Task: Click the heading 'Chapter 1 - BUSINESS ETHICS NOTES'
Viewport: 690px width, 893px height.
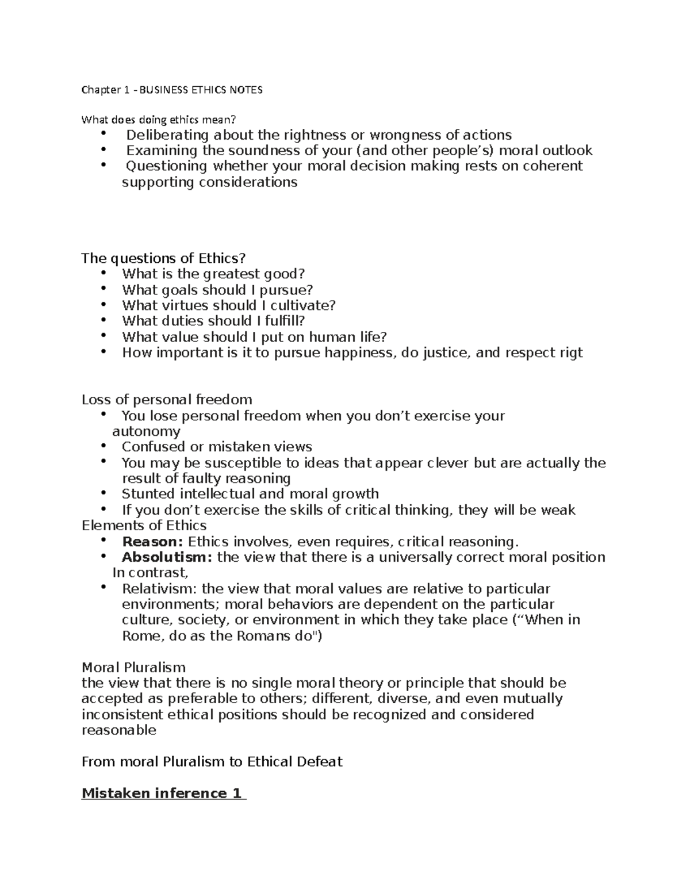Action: tap(172, 90)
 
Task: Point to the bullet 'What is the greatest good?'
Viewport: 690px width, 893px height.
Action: tap(213, 274)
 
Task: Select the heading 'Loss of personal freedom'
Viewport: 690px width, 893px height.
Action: tap(167, 400)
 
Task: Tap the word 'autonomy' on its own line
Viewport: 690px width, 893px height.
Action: tap(146, 431)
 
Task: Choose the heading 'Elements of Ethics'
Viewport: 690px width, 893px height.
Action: tap(144, 526)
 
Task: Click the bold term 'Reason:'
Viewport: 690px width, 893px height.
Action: tap(152, 542)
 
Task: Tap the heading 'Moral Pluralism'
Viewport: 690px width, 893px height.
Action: tap(133, 668)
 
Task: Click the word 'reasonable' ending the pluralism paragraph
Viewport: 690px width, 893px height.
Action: tap(119, 730)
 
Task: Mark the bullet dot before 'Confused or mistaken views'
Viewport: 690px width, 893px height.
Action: tap(103, 446)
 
